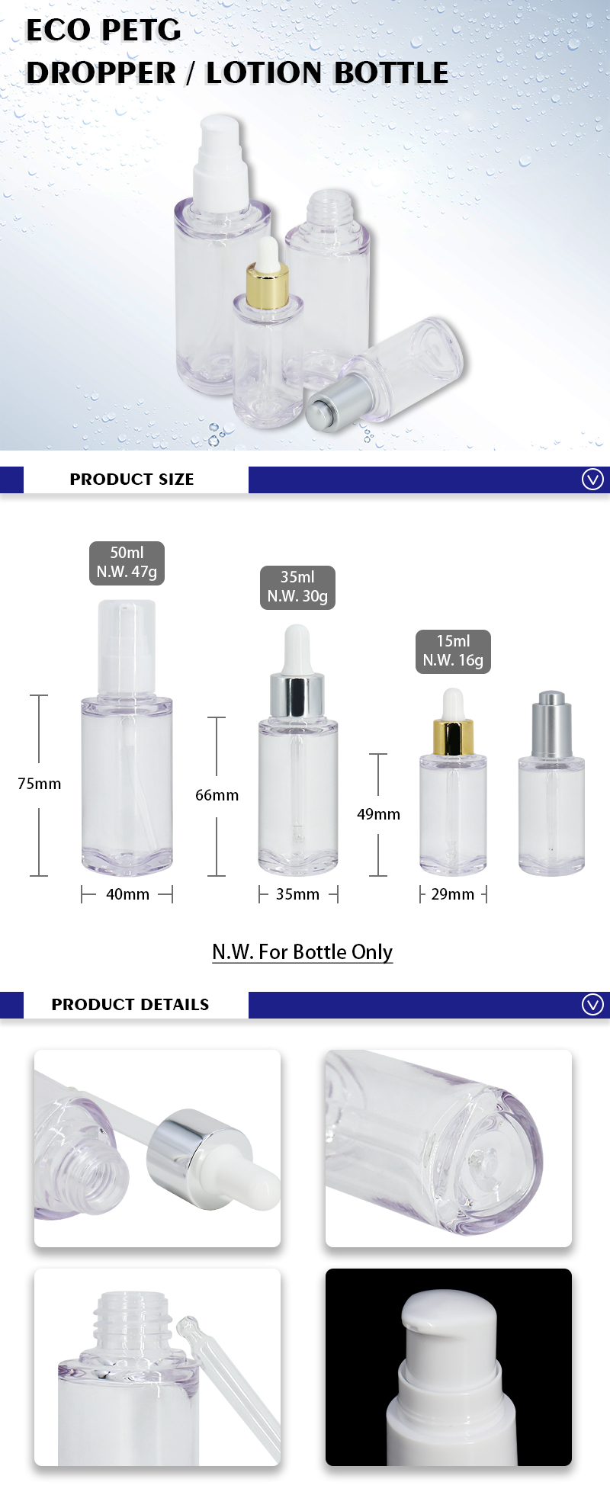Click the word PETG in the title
coord(141,30)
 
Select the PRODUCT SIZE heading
coord(132,480)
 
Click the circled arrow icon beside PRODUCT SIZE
coord(592,480)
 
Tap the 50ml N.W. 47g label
coord(127,563)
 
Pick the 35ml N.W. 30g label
coord(297,587)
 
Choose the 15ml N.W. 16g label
coord(453,651)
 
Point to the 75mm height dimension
coord(40,784)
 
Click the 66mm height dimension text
coord(217,795)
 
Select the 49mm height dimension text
coord(378,814)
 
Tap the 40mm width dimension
coord(127,894)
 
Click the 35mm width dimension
coord(297,894)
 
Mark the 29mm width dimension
coord(453,894)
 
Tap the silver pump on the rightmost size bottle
coord(551,724)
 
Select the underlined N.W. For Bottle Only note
coord(303,952)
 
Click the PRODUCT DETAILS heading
coord(130,1005)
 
